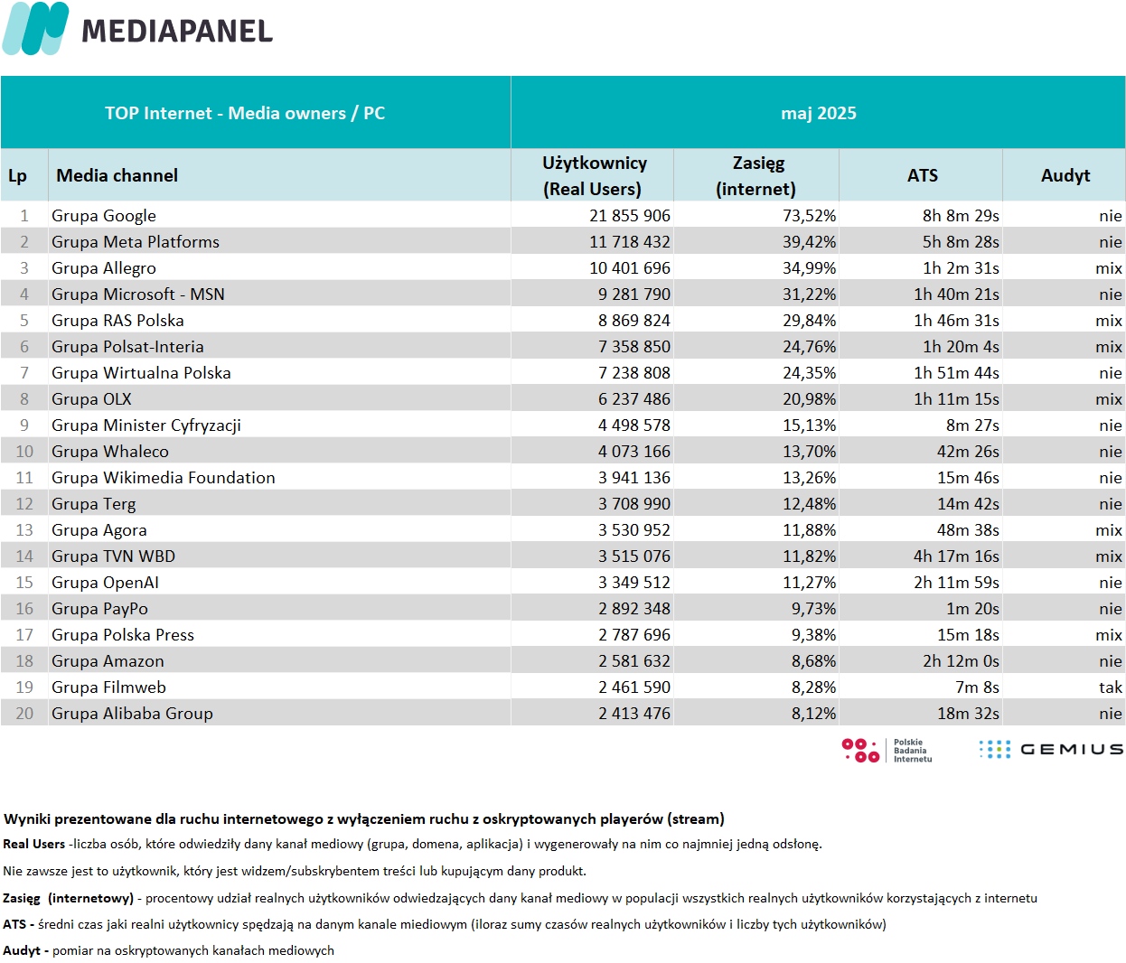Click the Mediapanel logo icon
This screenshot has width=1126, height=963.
click(x=35, y=28)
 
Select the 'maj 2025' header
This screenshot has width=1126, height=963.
click(x=818, y=113)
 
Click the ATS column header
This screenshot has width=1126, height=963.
click(x=923, y=175)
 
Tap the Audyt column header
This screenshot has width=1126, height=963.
click(x=1065, y=175)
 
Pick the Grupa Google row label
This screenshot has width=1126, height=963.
click(x=104, y=216)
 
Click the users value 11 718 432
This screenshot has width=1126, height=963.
click(x=629, y=242)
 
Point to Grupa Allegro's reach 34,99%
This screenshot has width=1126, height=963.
click(x=809, y=268)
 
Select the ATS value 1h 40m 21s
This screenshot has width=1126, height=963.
click(x=956, y=295)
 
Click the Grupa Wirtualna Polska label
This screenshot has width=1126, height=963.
click(x=141, y=372)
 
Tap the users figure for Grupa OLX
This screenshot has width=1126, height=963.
click(x=633, y=398)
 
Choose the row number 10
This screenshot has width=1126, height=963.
click(x=24, y=452)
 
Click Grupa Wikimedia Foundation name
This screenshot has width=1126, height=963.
click(x=164, y=478)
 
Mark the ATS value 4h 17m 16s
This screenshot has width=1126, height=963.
click(x=956, y=556)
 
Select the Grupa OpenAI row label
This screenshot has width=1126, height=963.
click(x=105, y=583)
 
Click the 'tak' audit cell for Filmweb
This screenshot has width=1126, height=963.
click(x=1111, y=687)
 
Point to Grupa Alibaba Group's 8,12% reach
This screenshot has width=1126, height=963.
click(x=813, y=714)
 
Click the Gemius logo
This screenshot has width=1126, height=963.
click(x=1051, y=749)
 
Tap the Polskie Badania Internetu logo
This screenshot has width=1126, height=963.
click(x=887, y=751)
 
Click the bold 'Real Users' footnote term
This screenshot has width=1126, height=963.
click(x=33, y=844)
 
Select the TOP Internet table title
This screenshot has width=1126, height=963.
click(x=245, y=113)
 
